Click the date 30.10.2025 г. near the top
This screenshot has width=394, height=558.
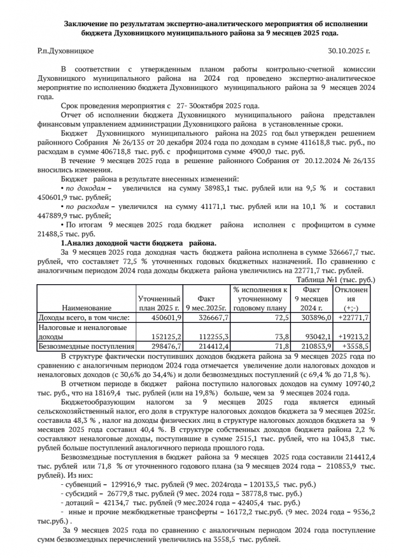(x=349, y=51)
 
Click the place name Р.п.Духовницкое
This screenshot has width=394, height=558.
(x=65, y=51)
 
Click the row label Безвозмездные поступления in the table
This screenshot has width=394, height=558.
(x=86, y=346)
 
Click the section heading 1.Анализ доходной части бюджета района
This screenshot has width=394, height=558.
(x=138, y=243)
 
